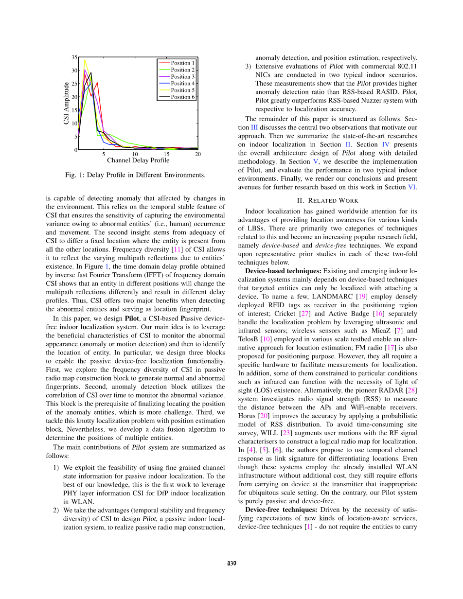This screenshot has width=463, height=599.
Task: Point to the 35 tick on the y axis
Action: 74,57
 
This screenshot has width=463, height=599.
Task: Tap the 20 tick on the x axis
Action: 198,154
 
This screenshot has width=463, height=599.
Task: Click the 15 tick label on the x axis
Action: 166,154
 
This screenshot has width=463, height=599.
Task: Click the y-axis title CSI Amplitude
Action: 67,103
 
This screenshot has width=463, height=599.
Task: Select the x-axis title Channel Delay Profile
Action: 138,160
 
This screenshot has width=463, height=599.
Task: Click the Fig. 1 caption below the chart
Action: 135,175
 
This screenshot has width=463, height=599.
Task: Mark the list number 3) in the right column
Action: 249,66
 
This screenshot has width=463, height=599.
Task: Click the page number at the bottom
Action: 231,564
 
